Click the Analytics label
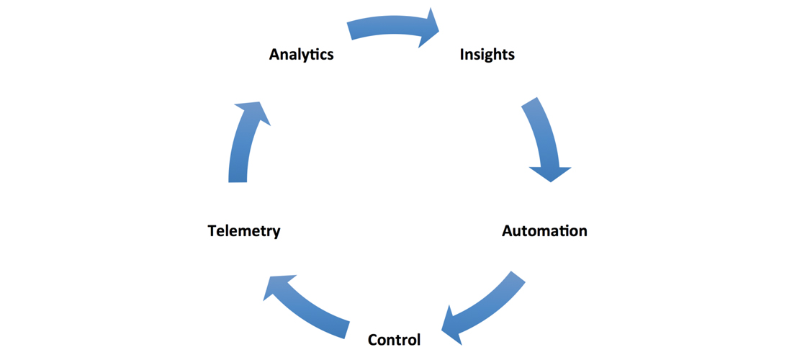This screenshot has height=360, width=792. (x=301, y=55)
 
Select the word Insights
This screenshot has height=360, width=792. (x=487, y=55)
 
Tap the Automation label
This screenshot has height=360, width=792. (x=544, y=231)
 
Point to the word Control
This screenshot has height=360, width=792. (x=394, y=340)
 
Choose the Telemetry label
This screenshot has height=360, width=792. (x=244, y=232)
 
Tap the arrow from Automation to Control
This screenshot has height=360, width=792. (x=485, y=308)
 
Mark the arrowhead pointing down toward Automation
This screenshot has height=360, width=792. (x=550, y=174)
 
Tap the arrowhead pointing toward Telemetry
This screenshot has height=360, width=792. (x=278, y=286)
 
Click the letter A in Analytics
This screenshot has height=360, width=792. (x=275, y=55)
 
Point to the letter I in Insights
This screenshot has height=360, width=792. (x=462, y=55)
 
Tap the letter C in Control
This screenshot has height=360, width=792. (x=374, y=340)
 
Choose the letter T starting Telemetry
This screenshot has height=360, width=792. (x=212, y=232)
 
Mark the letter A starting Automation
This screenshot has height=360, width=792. (x=508, y=232)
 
